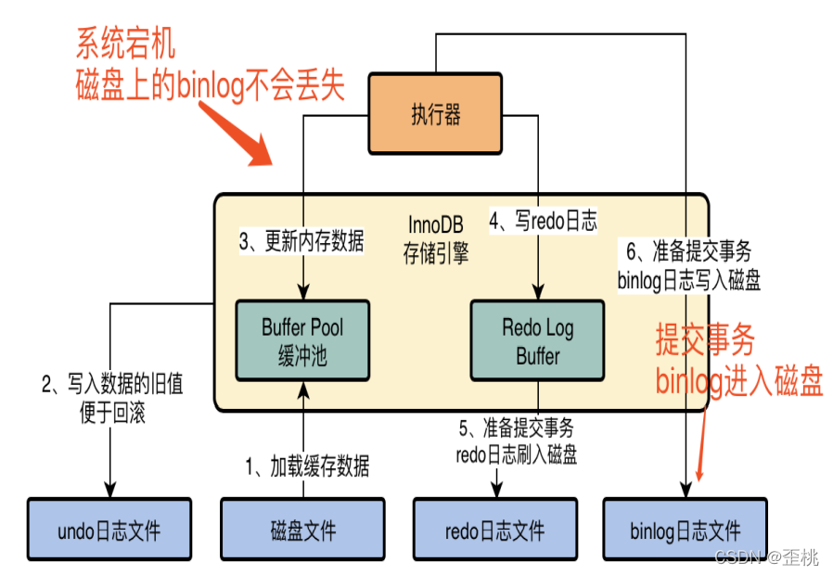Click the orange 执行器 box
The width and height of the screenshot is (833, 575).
click(x=435, y=116)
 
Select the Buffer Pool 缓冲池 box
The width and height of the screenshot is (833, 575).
click(x=302, y=339)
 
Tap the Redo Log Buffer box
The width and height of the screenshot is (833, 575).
click(x=538, y=339)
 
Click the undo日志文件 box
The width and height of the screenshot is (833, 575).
click(x=109, y=530)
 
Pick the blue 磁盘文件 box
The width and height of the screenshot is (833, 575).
click(x=302, y=530)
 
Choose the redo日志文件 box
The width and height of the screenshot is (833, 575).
click(x=494, y=530)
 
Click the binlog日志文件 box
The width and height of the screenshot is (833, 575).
click(x=686, y=530)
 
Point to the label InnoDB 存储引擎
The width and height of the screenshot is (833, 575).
click(x=435, y=239)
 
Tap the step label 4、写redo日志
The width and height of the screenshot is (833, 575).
click(x=543, y=221)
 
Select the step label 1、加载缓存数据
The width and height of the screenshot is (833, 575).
click(x=307, y=466)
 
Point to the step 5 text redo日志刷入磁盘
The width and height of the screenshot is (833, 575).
click(x=517, y=454)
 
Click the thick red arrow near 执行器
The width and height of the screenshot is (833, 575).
click(x=233, y=131)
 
